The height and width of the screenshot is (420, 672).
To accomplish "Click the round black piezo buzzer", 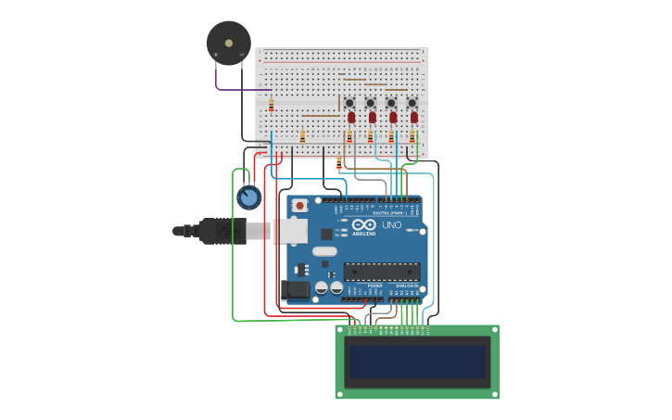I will tap(228, 43).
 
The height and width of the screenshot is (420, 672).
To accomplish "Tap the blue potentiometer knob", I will tap(248, 197).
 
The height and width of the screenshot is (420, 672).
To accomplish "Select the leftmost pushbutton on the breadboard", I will tap(349, 102).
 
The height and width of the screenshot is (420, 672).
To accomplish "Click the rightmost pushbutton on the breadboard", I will tap(412, 102).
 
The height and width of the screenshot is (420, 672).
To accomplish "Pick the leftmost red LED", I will tap(351, 118).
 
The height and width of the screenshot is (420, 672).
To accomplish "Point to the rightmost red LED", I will tap(414, 118).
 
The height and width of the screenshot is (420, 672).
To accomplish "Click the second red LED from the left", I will tap(373, 118).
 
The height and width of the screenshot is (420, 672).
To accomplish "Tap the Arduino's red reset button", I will tap(299, 205).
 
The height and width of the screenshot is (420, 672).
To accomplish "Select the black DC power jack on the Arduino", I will tap(295, 289).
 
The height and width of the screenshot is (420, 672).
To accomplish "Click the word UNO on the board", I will tap(391, 225).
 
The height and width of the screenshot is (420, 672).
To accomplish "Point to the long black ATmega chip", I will tap(381, 271).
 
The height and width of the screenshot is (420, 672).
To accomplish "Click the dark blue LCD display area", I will tap(416, 362).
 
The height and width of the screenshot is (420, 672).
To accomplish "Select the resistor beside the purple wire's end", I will tap(271, 105).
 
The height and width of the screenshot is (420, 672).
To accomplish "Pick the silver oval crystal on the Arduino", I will tap(324, 251).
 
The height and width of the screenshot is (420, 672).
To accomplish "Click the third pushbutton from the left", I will tap(391, 102).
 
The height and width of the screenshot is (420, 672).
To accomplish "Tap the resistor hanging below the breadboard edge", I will tap(339, 164).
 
